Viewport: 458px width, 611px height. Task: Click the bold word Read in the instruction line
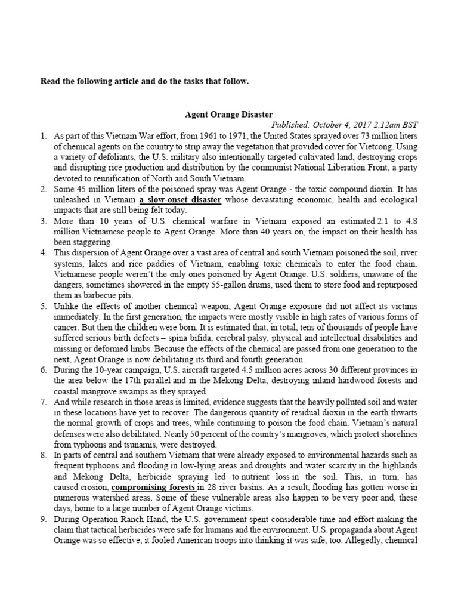(x=51, y=81)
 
